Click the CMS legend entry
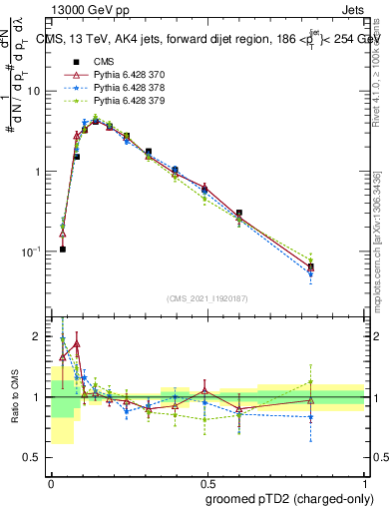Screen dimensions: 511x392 pyautogui.click(x=103, y=61)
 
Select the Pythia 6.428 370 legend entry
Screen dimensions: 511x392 pyautogui.click(x=123, y=74)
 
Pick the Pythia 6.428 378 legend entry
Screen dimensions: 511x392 pyautogui.click(x=123, y=87)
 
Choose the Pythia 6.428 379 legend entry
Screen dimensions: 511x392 pyautogui.click(x=123, y=100)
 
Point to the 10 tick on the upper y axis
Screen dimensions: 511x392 pyautogui.click(x=34, y=91)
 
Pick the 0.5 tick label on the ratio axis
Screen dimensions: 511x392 pyautogui.click(x=35, y=457)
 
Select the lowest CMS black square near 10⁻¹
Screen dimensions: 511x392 pyautogui.click(x=62, y=249)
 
